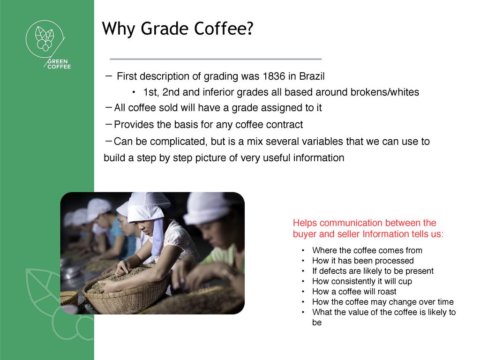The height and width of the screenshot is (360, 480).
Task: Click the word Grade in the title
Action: pyautogui.click(x=165, y=29)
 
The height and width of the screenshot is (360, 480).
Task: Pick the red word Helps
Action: pyautogui.click(x=305, y=223)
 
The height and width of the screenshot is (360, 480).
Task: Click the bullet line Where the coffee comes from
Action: pyautogui.click(x=367, y=250)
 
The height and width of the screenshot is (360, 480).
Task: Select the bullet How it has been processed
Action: pyautogui.click(x=363, y=261)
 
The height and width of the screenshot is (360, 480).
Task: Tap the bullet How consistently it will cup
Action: pyautogui.click(x=362, y=281)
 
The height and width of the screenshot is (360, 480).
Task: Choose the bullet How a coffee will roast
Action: pyautogui.click(x=354, y=292)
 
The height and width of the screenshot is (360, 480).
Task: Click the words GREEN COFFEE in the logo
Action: pyautogui.click(x=59, y=64)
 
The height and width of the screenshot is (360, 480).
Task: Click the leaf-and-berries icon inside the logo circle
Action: pyautogui.click(x=45, y=38)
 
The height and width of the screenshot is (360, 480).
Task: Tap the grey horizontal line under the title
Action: pyautogui.click(x=216, y=59)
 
